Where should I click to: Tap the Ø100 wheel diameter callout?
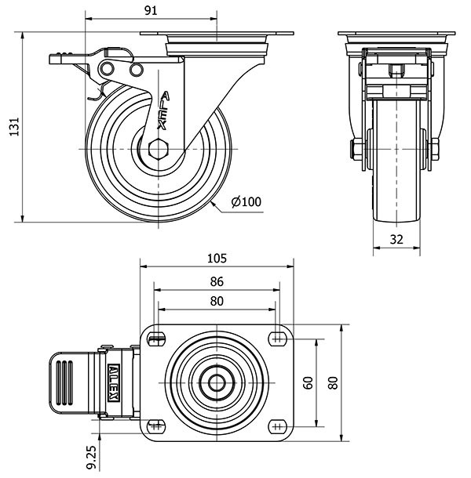click(246, 202)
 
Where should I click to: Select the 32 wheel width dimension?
click(396, 241)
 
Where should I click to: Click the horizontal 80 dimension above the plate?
click(217, 302)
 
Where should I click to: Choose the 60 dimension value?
click(308, 382)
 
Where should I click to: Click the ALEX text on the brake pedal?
click(115, 382)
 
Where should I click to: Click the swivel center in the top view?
click(217, 382)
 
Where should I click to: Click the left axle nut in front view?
click(356, 148)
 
